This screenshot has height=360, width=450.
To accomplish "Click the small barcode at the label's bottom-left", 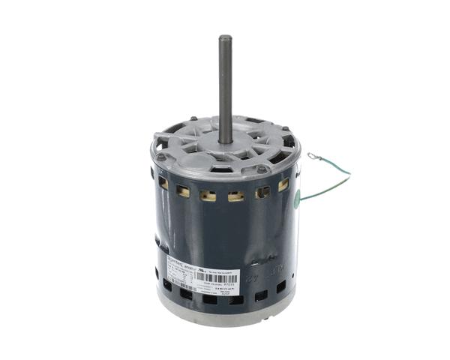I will point(180,288).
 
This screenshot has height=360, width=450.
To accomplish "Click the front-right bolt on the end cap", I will point(262,169).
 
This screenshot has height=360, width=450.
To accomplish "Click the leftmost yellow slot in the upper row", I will point(163,181).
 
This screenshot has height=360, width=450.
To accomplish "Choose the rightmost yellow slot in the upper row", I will point(283,184).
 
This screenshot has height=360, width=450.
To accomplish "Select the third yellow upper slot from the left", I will point(210,196).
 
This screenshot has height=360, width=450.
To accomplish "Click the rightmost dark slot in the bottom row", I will point(282,288).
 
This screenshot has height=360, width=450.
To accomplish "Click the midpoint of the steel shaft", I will point(224,88).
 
